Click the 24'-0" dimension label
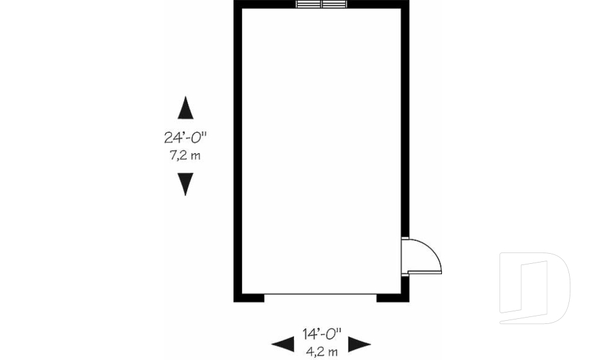point(185,137)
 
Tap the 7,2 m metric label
point(185,155)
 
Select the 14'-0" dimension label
point(321,333)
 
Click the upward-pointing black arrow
point(185,108)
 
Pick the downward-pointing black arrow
point(185,184)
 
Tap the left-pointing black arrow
point(283,344)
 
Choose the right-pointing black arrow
point(360,344)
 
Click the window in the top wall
point(321,4)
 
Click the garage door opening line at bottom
point(321,294)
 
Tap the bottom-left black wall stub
point(249,297)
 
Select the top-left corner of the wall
point(238,4)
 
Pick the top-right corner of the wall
point(405,4)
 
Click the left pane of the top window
point(309,4)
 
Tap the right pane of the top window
point(334,4)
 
